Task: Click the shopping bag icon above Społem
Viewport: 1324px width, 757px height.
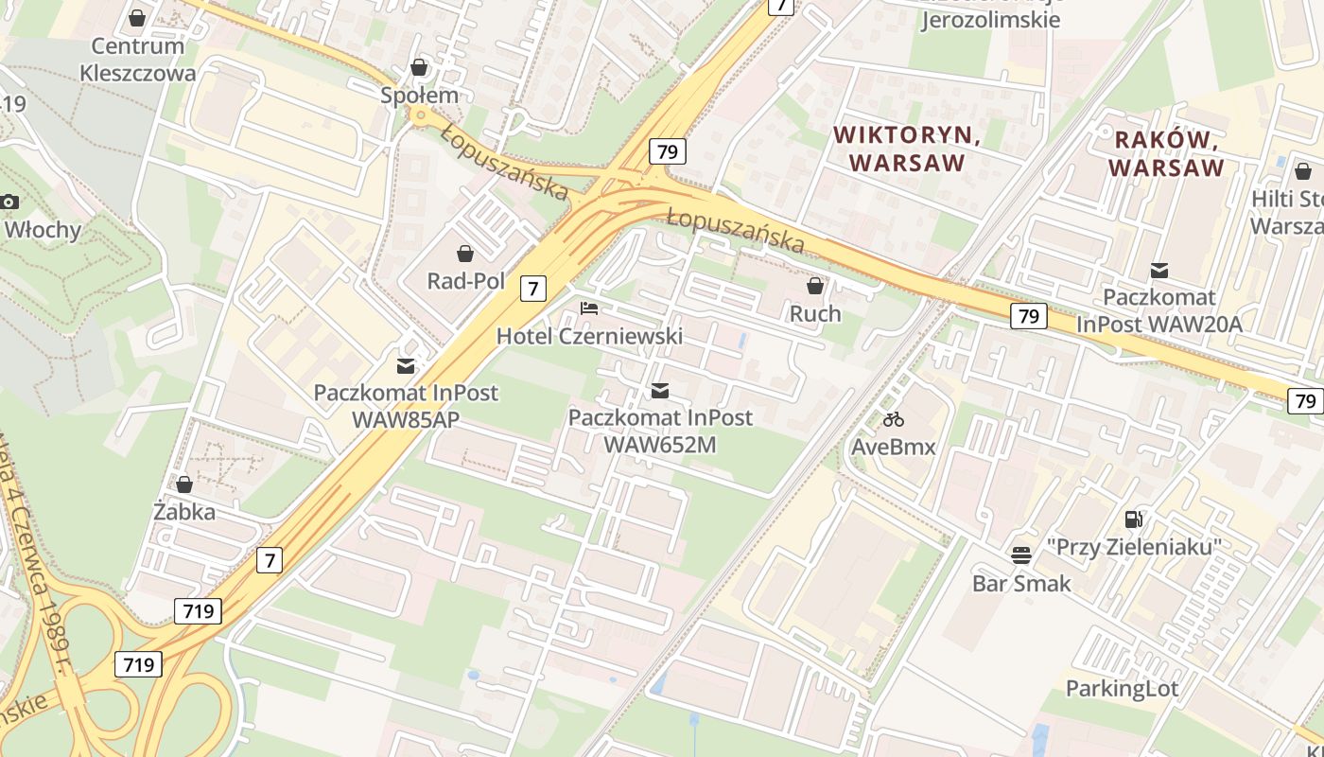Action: [419, 67]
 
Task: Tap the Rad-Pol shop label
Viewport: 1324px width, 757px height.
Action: [465, 281]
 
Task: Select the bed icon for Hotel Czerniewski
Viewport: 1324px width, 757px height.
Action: [589, 308]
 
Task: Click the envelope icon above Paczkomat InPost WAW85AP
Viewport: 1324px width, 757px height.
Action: [406, 365]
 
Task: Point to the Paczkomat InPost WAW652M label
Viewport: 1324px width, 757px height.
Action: [660, 431]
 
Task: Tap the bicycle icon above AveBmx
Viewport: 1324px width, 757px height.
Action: [893, 418]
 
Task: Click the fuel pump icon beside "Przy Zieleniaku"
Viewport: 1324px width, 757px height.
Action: [1133, 519]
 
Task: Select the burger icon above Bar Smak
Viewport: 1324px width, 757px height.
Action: [1021, 555]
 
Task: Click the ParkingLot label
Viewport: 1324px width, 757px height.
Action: [1122, 688]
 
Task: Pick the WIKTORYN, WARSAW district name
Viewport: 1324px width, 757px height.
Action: [907, 150]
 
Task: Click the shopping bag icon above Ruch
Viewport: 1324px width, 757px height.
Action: [815, 285]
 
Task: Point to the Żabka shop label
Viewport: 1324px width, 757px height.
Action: [184, 512]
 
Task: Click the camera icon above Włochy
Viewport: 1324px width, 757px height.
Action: [9, 202]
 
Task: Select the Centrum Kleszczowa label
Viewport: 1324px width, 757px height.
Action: [138, 60]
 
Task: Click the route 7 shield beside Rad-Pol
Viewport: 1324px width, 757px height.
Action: [533, 289]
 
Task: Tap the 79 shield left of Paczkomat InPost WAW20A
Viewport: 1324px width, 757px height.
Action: [1028, 316]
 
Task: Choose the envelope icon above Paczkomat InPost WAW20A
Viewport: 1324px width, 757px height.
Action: [1158, 271]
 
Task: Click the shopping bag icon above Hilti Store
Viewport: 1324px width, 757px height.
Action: [1302, 171]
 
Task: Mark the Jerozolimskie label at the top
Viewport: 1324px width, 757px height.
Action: [990, 20]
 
